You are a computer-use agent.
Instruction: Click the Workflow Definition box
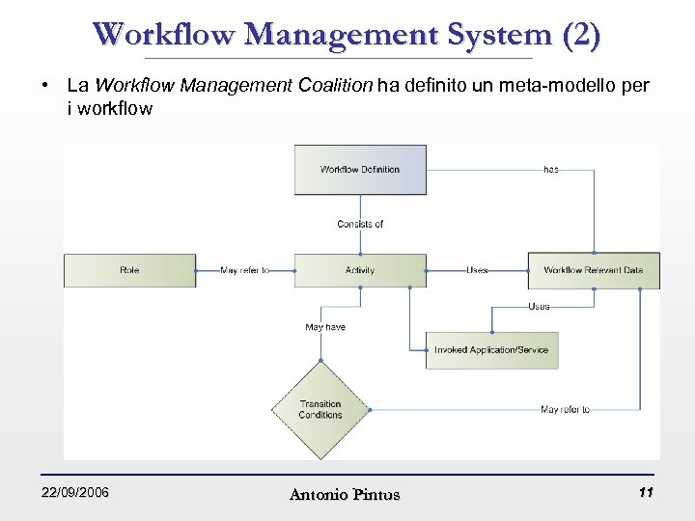click(x=360, y=170)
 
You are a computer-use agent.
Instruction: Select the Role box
click(x=129, y=271)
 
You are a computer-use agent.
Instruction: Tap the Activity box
click(x=360, y=271)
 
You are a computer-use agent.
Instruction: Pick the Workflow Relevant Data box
click(x=593, y=271)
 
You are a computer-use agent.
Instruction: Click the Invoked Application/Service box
click(x=491, y=350)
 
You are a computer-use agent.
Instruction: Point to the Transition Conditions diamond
click(x=320, y=410)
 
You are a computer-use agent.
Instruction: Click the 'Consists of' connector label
click(x=360, y=224)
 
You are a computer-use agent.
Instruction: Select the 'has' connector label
click(x=550, y=170)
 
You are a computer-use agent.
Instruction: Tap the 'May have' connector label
click(x=325, y=327)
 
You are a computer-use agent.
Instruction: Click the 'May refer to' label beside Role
click(x=245, y=271)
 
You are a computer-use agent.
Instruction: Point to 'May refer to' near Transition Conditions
click(x=565, y=410)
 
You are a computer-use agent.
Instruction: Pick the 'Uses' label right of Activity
click(x=477, y=271)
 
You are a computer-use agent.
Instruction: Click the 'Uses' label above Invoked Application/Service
click(x=539, y=307)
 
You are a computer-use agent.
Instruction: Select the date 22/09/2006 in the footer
click(x=75, y=493)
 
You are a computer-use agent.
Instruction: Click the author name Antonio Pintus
click(x=345, y=495)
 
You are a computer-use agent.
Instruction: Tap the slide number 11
click(x=647, y=493)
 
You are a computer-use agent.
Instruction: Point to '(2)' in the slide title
click(x=579, y=35)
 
